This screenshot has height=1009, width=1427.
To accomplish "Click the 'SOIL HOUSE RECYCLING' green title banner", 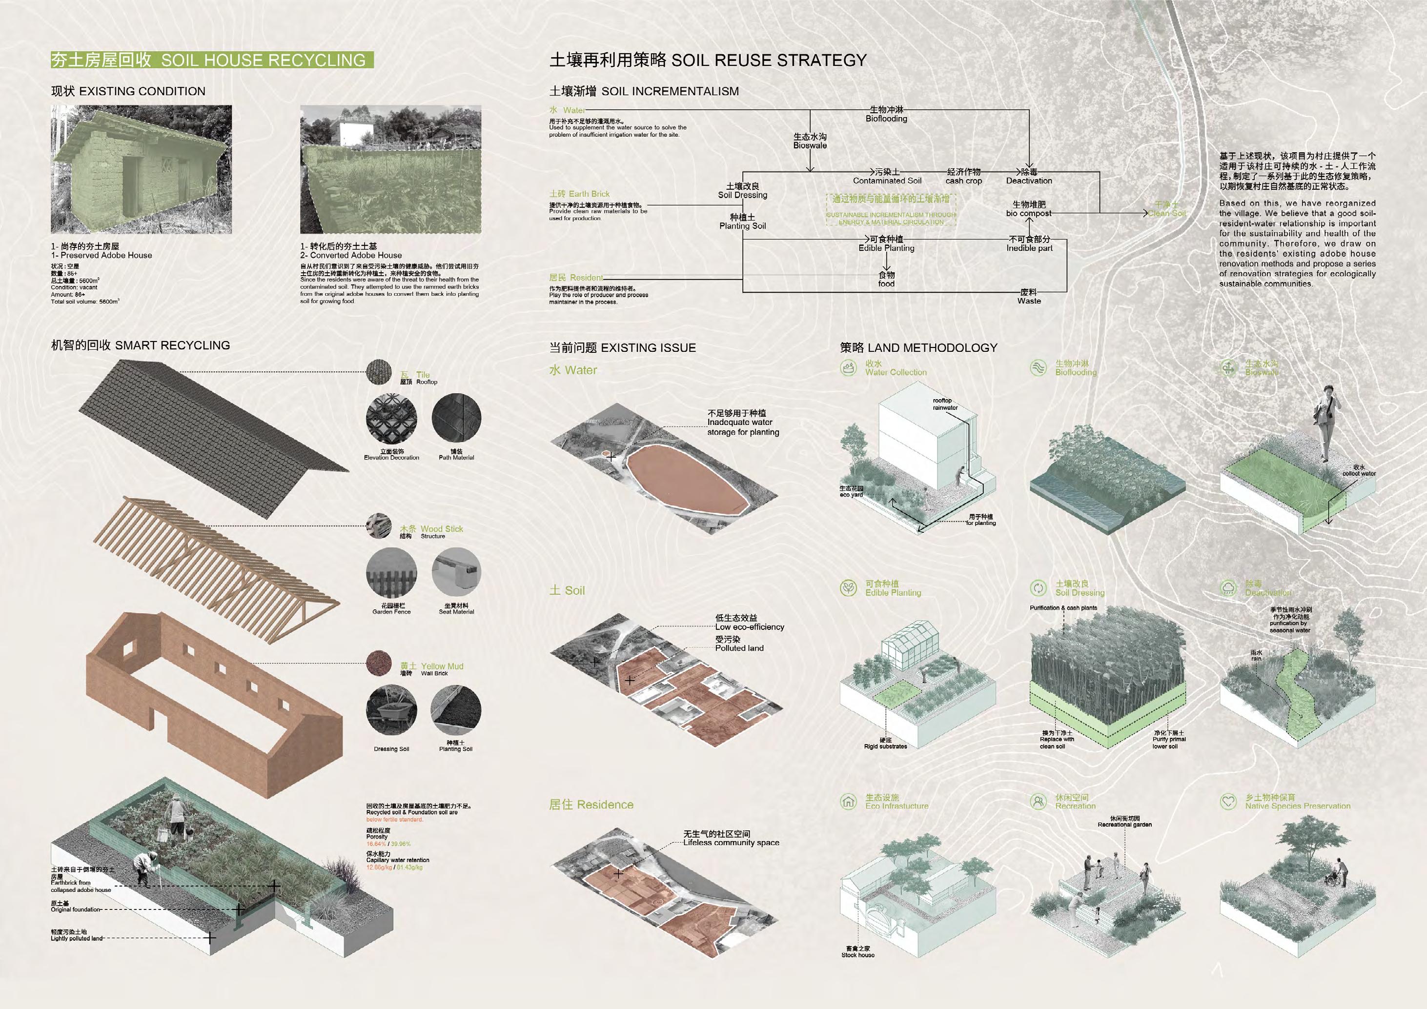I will coord(211,61).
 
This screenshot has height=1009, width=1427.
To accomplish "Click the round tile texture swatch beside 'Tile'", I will coord(379,372).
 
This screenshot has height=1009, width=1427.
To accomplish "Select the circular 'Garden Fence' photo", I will coord(391,573).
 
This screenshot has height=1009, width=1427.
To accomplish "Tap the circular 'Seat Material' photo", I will coord(456,573).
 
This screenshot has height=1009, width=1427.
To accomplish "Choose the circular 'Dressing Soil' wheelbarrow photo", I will coord(391,710).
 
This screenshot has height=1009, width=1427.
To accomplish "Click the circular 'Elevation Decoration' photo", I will coord(391,418).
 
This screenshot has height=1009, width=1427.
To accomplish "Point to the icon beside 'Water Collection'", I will coord(848,368).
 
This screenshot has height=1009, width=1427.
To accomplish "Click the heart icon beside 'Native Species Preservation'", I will coord(1228,802).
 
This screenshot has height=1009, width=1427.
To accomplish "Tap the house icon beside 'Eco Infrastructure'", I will coord(848,802).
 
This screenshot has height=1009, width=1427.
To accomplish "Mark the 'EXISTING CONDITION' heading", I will coord(128,91).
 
